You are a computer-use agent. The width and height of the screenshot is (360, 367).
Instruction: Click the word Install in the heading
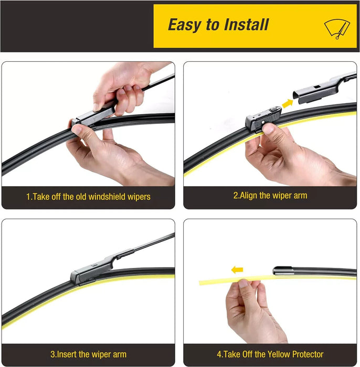point(246,25)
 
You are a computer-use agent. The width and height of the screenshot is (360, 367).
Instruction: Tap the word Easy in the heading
point(185,25)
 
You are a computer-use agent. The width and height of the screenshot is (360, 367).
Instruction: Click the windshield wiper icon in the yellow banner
point(337,29)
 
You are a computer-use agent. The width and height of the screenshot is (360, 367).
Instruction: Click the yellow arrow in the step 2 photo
point(288,103)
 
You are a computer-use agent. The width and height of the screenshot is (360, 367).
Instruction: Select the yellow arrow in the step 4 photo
point(237,270)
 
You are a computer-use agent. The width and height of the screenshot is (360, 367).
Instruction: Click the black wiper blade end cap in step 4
point(282,271)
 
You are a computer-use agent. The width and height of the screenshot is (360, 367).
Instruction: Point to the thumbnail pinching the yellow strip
point(243,284)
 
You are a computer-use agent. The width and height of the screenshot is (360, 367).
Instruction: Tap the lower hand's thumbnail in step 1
point(77,129)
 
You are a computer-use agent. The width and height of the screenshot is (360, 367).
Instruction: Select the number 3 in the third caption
point(52,354)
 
